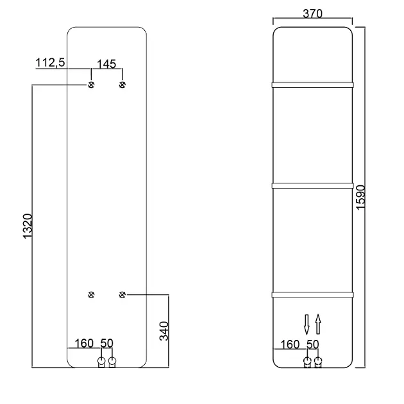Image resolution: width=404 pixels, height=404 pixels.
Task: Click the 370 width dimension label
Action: tap(312, 13)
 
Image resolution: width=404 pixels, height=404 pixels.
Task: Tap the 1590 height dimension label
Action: tap(360, 198)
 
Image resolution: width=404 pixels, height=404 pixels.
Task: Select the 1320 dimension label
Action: tap(28, 226)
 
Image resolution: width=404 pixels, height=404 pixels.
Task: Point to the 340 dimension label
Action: tap(164, 331)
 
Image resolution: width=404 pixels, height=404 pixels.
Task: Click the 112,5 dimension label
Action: tap(50, 63)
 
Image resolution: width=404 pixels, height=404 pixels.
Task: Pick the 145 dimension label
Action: tap(106, 64)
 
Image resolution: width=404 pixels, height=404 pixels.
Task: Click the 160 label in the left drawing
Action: tap(84, 343)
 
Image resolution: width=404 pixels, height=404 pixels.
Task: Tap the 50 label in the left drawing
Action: tap(106, 343)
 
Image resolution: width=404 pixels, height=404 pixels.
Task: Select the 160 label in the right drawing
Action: tap(290, 344)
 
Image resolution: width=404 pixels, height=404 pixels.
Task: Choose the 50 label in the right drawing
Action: tap(313, 344)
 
